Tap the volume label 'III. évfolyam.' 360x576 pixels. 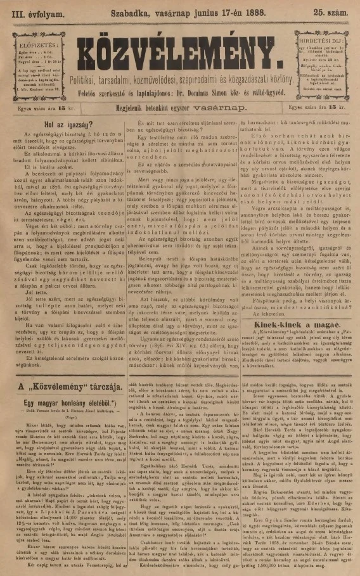[x=29, y=11]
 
